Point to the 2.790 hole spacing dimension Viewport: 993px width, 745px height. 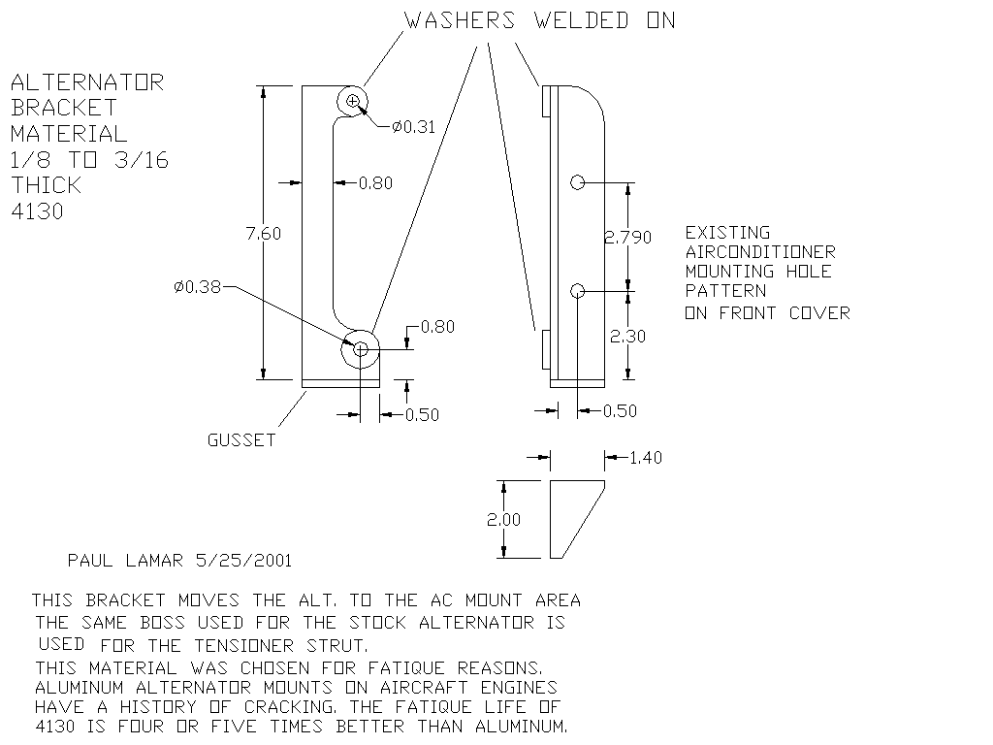[628, 237]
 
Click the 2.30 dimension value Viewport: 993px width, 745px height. [628, 337]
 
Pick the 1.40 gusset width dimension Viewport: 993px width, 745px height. [646, 458]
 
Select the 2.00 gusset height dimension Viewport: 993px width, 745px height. [503, 520]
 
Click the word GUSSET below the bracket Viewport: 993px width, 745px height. [241, 440]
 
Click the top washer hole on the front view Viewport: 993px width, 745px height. [353, 101]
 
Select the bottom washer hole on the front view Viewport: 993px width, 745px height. [361, 349]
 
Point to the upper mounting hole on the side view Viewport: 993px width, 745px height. [577, 181]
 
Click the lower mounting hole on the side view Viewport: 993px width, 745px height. [577, 290]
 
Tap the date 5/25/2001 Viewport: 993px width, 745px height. [243, 561]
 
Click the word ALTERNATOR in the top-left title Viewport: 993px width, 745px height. [87, 82]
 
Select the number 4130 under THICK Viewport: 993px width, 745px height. [37, 211]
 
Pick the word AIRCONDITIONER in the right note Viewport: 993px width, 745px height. [760, 252]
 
